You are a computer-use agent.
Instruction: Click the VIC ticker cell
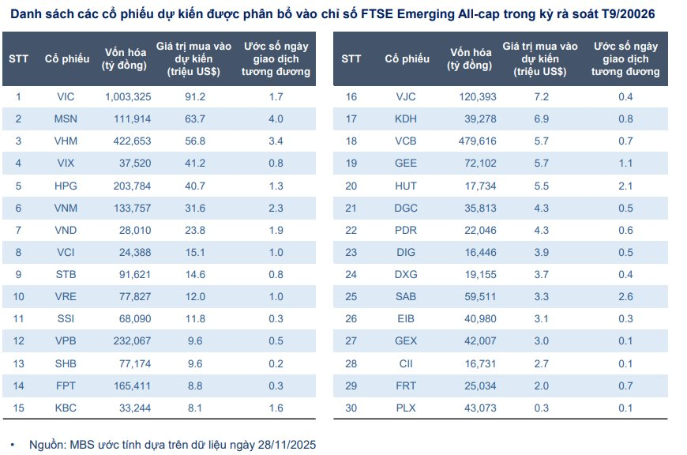tap(66, 96)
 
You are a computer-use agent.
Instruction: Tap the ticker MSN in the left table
tap(66, 119)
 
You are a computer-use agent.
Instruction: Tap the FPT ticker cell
tap(66, 385)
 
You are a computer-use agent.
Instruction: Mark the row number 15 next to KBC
tap(19, 408)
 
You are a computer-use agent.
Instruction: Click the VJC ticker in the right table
tap(405, 96)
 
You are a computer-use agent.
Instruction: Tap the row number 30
tap(351, 408)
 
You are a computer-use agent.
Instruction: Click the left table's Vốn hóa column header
tap(125, 58)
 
